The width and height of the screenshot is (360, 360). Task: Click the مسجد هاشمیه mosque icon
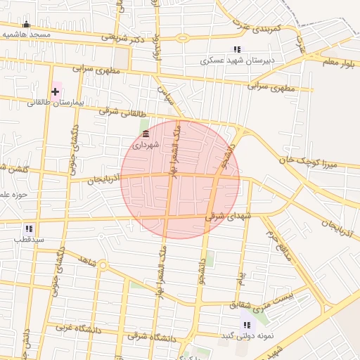27,25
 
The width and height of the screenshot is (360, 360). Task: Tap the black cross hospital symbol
55,91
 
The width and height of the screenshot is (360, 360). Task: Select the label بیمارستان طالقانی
56,103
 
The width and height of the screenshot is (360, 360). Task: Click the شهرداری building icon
146,134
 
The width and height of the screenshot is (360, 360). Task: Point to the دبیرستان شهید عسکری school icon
237,49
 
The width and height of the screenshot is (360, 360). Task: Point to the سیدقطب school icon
29,229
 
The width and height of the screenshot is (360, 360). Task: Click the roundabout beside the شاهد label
103,266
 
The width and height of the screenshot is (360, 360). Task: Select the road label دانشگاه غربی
69,327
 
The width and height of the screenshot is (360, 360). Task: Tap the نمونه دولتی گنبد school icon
246,324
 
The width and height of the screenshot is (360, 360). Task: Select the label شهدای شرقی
226,216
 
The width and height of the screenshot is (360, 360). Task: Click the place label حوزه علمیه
13,194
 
